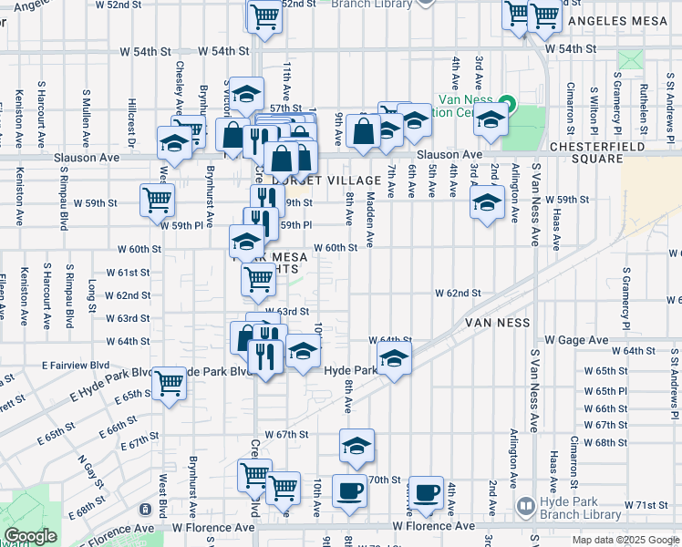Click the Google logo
point(30,536)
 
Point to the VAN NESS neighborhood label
point(497,323)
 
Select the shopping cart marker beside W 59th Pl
point(157,200)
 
